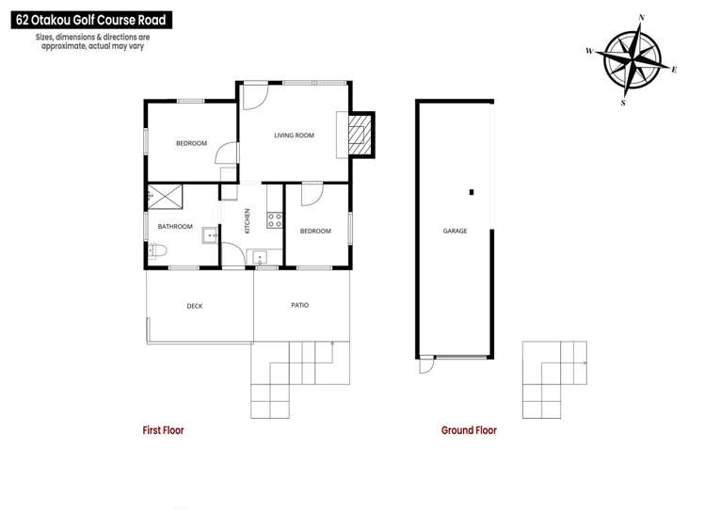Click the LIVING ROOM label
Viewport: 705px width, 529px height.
point(294,136)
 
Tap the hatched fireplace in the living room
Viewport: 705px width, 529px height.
point(359,134)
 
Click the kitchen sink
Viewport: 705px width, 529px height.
point(260,256)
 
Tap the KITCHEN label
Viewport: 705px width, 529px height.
point(248,221)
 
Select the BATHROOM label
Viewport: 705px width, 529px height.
point(175,226)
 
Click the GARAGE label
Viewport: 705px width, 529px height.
point(456,231)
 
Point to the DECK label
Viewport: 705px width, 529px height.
point(195,306)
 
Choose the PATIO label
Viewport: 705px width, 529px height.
point(299,305)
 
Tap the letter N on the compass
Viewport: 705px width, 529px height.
point(641,16)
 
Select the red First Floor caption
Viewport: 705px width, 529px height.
point(163,430)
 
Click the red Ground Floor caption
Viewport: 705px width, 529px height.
point(469,430)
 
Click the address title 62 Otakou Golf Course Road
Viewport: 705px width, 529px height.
point(74,19)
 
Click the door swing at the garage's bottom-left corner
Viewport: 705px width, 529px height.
point(427,363)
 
